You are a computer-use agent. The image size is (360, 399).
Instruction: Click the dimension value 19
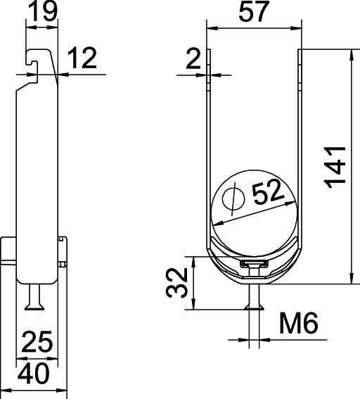pos(43,11)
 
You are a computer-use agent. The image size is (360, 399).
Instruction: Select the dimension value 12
pos(82,58)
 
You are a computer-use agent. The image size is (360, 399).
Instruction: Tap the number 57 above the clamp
pos(254,11)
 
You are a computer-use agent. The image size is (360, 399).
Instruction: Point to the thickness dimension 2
pos(194,59)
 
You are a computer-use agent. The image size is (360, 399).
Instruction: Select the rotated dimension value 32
pos(176,282)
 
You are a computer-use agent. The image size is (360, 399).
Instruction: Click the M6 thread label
pos(299,323)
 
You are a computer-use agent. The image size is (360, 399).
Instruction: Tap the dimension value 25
pos(37,341)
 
